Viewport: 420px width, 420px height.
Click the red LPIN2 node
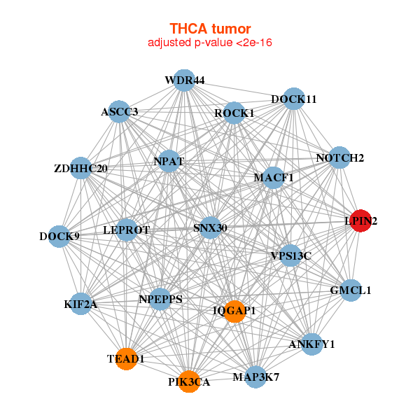click(x=360, y=221)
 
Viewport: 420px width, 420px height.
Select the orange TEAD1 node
click(x=126, y=359)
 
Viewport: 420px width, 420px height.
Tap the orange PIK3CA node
click(x=188, y=381)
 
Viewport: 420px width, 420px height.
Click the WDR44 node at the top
click(x=184, y=80)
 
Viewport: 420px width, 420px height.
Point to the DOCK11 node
click(x=294, y=99)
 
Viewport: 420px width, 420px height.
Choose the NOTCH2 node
click(x=340, y=158)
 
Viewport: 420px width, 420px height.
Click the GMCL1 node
click(x=351, y=290)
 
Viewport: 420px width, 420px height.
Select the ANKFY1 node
click(x=312, y=344)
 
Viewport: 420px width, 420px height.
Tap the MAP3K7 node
click(x=255, y=377)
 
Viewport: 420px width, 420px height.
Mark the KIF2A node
click(x=81, y=304)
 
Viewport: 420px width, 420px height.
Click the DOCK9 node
click(x=59, y=236)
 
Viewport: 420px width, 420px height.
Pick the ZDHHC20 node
click(x=81, y=168)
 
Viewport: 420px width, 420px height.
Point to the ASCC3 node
click(x=119, y=111)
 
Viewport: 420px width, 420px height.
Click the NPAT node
click(x=169, y=161)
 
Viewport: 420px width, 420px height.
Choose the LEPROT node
click(x=127, y=230)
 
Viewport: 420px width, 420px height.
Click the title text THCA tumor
click(x=210, y=29)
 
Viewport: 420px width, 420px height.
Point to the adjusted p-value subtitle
click(x=210, y=43)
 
